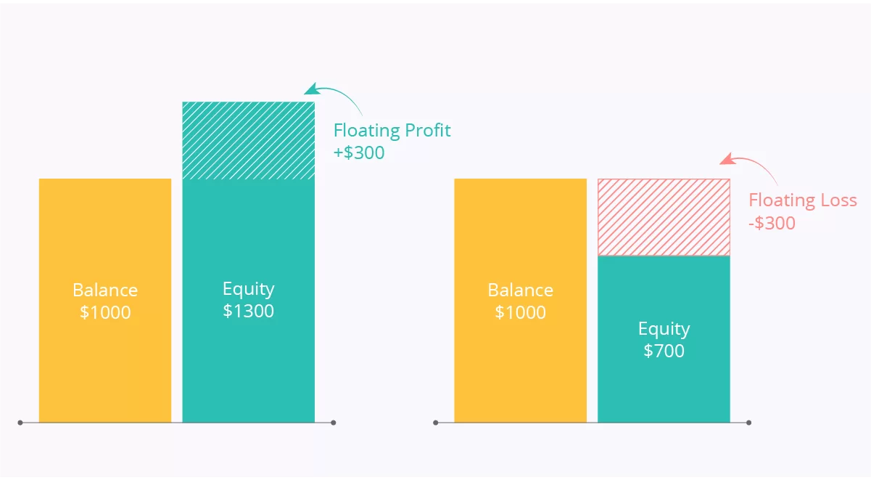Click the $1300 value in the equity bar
pyautogui.click(x=248, y=311)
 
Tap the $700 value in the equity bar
pyautogui.click(x=664, y=351)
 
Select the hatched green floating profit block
pyautogui.click(x=249, y=141)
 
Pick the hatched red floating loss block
pyautogui.click(x=664, y=217)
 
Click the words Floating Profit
pyautogui.click(x=392, y=131)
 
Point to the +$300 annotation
pyautogui.click(x=359, y=152)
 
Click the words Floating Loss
pyautogui.click(x=803, y=200)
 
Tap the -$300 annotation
pyautogui.click(x=772, y=224)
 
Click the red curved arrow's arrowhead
pyautogui.click(x=727, y=159)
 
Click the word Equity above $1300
pyautogui.click(x=249, y=290)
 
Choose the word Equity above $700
pyautogui.click(x=664, y=330)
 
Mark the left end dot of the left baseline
pyautogui.click(x=20, y=423)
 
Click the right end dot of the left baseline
pyautogui.click(x=333, y=423)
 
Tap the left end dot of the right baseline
pyautogui.click(x=435, y=423)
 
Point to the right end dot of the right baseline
pyautogui.click(x=749, y=423)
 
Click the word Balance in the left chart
pyautogui.click(x=105, y=290)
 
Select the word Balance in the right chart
pyautogui.click(x=520, y=290)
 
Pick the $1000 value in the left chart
pyautogui.click(x=105, y=312)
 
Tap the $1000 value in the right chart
pyautogui.click(x=520, y=312)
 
